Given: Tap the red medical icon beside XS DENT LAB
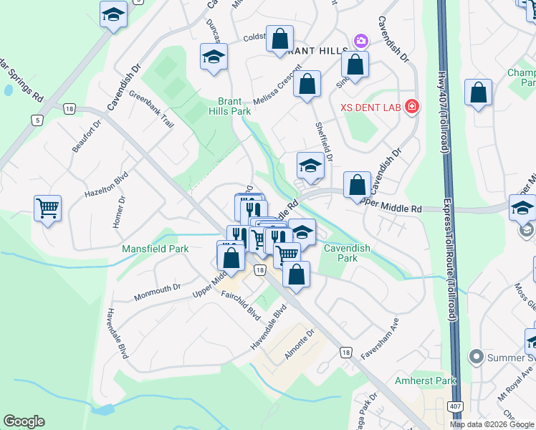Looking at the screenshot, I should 411,108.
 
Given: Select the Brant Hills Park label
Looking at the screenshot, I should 230,107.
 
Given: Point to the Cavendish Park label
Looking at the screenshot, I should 347,253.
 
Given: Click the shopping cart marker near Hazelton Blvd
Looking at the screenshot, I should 48,209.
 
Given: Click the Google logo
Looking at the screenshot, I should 24,421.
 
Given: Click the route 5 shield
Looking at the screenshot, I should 37,120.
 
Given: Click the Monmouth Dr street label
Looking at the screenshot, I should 156,292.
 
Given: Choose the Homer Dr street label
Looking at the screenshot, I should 118,212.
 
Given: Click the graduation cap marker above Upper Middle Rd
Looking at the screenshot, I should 310,166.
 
